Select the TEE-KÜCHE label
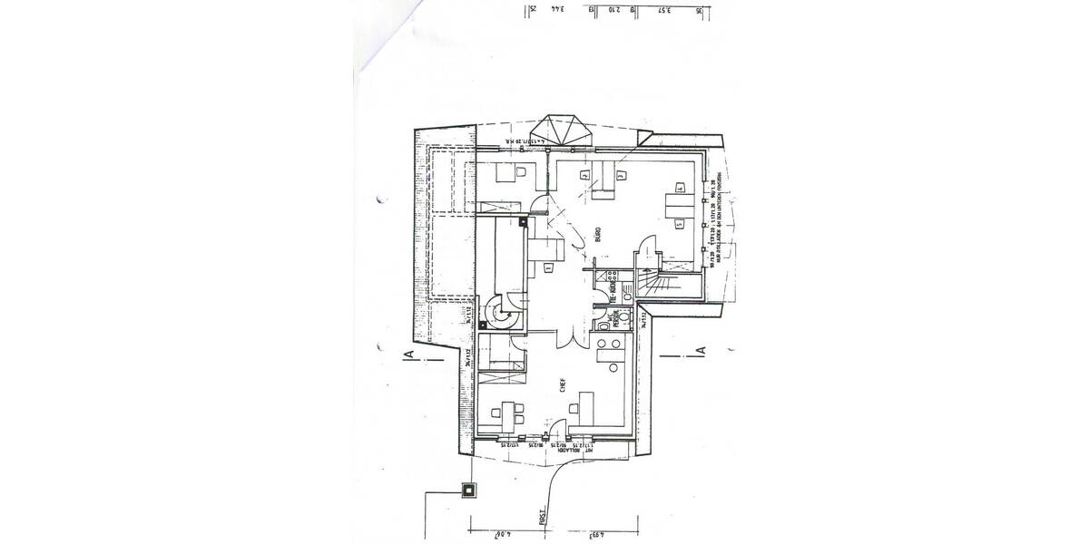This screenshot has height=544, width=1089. (x=613, y=288)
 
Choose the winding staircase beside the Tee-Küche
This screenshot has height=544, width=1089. (x=655, y=277)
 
